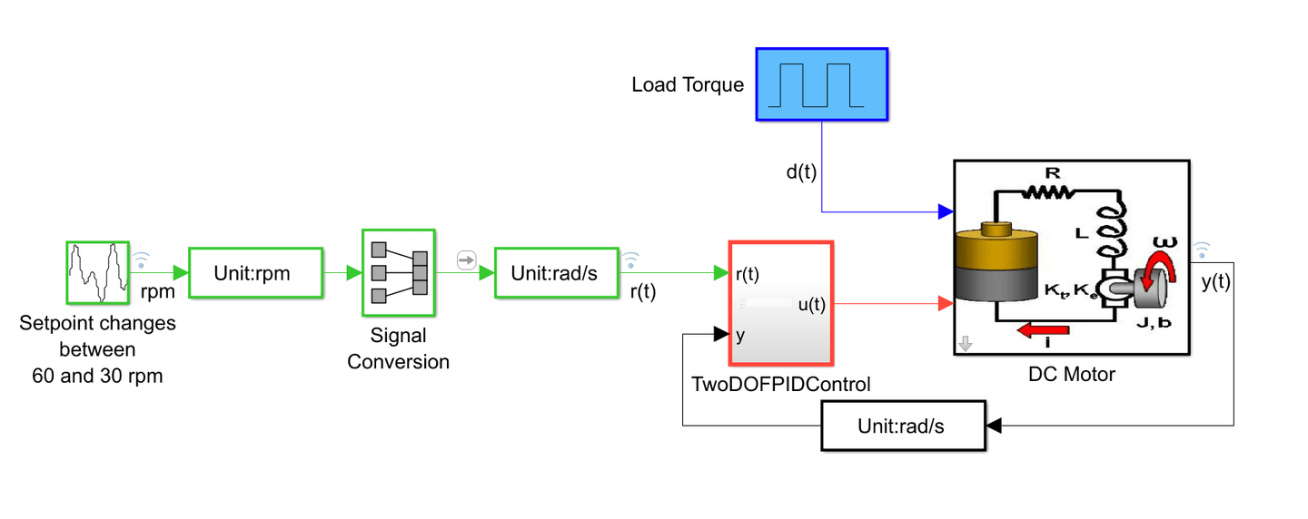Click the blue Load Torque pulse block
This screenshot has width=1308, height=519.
(822, 84)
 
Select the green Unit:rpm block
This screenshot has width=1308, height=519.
(255, 272)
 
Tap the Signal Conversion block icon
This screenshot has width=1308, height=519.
(399, 271)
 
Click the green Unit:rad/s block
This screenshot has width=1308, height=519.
(555, 272)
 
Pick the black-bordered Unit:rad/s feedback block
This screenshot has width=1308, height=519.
(903, 426)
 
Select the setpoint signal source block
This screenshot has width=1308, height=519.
(97, 271)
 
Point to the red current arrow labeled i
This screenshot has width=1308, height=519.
(1044, 330)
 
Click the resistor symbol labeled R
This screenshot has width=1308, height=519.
(1049, 191)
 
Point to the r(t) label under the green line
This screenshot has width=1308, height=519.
(643, 292)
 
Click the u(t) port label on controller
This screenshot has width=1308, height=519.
(811, 305)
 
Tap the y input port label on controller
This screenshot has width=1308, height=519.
(740, 336)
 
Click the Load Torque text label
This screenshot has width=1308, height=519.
(688, 85)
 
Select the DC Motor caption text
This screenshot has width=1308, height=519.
(1071, 374)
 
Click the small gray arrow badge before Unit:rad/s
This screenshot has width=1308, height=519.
(466, 260)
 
